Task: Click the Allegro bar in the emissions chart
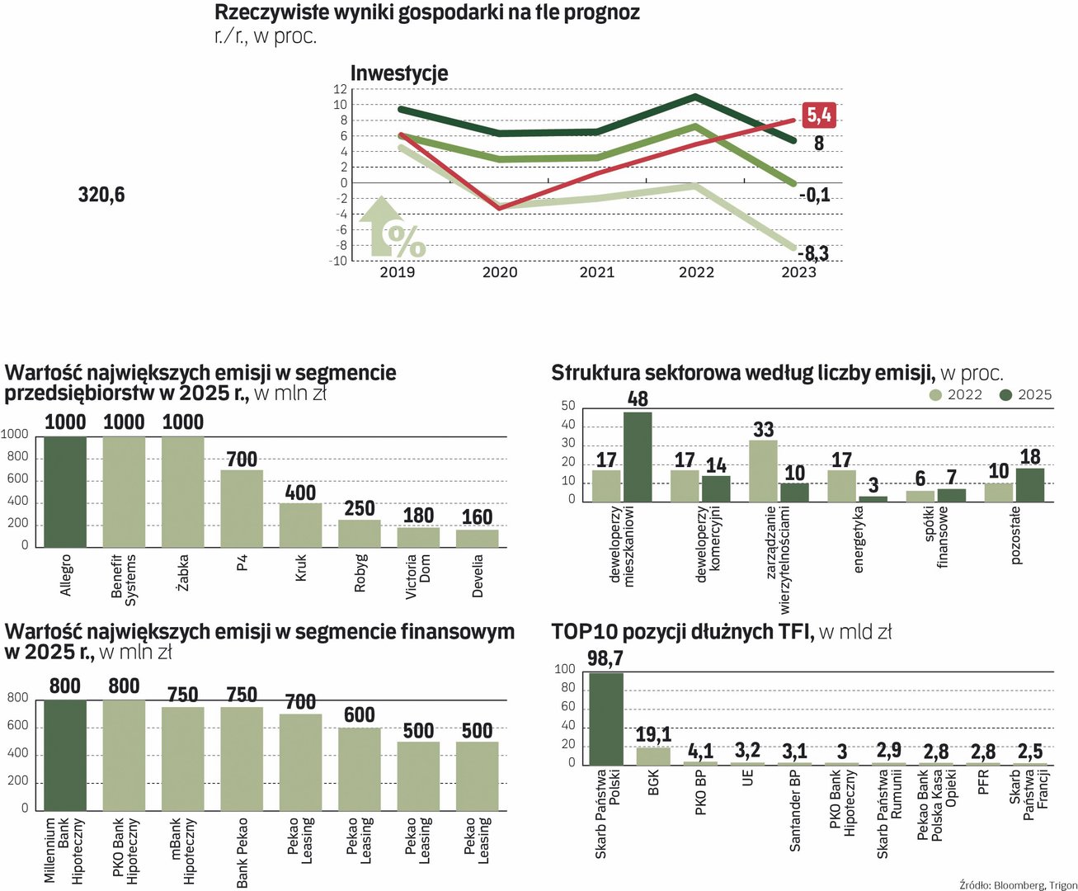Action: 65,492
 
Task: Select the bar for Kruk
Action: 300,525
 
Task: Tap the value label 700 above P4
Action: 242,460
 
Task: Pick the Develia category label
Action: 478,575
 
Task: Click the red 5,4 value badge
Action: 819,115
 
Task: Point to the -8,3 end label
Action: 813,253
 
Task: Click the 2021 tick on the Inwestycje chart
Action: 597,272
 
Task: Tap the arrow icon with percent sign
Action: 392,228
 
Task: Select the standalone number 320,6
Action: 101,195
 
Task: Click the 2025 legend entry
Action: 1026,395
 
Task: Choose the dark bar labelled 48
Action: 638,456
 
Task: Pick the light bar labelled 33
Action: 763,470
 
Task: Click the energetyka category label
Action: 859,539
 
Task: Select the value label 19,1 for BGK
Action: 653,734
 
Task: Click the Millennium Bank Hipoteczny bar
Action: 65,755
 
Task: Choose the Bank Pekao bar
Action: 242,758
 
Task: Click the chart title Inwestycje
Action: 399,73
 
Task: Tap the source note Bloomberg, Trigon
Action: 1018,885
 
